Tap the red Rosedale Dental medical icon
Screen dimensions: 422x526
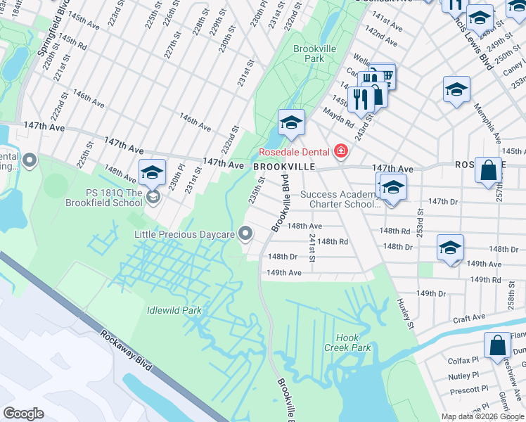[342, 151]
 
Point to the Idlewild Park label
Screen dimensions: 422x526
[174, 309]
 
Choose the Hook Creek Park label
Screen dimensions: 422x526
[347, 343]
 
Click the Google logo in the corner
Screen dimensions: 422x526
[23, 414]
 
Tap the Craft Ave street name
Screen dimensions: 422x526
[468, 318]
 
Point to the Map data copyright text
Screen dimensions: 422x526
[482, 416]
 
